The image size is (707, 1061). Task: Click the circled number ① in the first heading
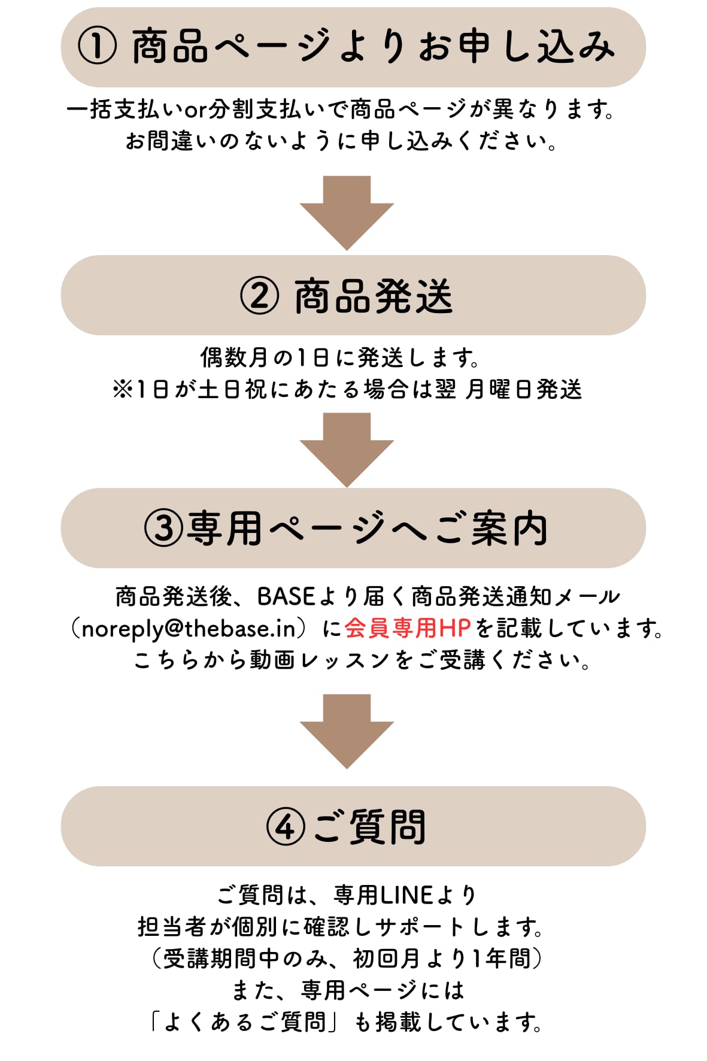click(x=97, y=47)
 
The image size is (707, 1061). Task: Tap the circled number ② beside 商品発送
click(x=259, y=296)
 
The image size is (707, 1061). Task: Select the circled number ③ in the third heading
click(x=163, y=529)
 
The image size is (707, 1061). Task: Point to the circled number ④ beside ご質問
click(x=285, y=827)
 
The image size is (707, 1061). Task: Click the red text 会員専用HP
click(x=408, y=628)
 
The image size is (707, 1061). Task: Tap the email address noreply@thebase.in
click(x=189, y=629)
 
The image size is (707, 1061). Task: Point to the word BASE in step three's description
click(x=286, y=596)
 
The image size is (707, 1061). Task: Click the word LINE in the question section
click(x=406, y=895)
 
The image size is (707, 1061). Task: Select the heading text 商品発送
click(x=374, y=296)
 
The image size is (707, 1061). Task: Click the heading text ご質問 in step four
click(x=369, y=827)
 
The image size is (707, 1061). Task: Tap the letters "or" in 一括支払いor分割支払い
click(x=195, y=110)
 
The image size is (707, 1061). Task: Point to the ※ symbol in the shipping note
click(x=123, y=390)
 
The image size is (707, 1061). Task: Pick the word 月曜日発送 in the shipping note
click(x=523, y=390)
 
